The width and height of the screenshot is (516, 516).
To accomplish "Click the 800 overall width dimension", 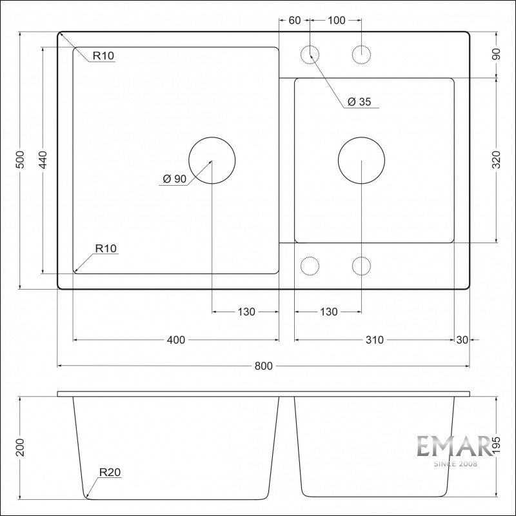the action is tap(264, 366).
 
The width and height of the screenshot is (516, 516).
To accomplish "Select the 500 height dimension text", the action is tap(21, 159).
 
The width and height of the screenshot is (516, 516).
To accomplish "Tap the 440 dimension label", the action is tap(43, 159).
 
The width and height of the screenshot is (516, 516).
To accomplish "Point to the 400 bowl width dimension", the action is tap(176, 340).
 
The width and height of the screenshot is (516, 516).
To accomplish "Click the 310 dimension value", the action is tap(375, 340).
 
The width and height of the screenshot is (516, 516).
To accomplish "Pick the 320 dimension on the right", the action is tap(496, 159).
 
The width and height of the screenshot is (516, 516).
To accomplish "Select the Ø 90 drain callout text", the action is tap(174, 179).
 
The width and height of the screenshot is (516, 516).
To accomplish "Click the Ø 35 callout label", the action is tap(359, 102).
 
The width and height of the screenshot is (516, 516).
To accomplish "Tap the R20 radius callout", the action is tap(110, 472).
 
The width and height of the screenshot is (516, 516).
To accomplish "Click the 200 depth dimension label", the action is tap(21, 448).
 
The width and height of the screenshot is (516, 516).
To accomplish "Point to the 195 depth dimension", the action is tap(496, 446).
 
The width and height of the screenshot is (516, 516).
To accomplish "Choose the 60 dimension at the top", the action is tap(295, 21).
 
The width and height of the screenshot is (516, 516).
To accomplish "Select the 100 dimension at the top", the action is tap(336, 21).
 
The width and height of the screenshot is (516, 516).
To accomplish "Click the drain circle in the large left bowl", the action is tap(212, 137).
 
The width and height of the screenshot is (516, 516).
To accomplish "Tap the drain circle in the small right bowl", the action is tap(361, 137).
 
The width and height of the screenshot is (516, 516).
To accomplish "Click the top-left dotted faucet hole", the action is tap(310, 45).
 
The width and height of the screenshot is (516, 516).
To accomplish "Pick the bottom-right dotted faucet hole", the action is tap(361, 257).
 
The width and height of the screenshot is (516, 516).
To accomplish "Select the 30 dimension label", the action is tap(462, 340).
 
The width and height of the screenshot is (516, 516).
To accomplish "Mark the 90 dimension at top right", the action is tap(496, 54).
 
